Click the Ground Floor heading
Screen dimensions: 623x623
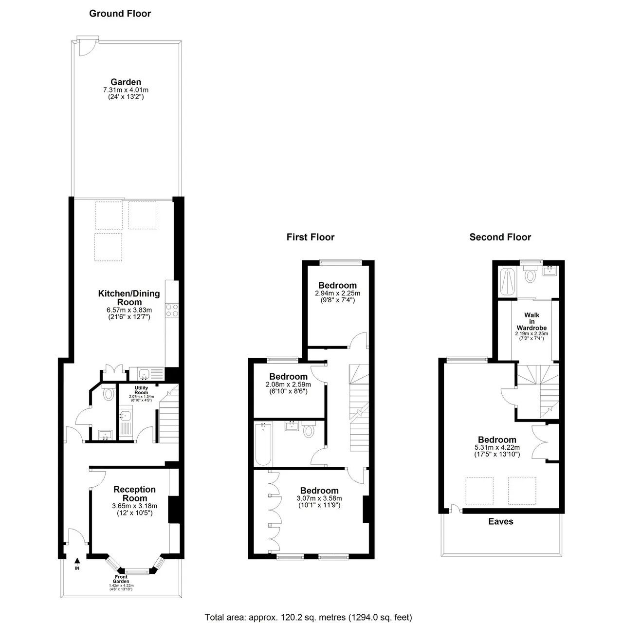(x=120, y=14)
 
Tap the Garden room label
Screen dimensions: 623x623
(x=126, y=82)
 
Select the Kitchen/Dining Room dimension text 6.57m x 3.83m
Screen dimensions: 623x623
(x=129, y=310)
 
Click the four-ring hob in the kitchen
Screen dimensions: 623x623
(x=172, y=311)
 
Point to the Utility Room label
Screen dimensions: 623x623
(x=141, y=390)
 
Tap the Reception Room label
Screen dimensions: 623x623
(x=134, y=494)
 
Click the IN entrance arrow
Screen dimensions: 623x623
(x=77, y=560)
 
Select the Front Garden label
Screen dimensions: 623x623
(x=121, y=579)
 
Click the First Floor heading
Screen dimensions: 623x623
(x=311, y=238)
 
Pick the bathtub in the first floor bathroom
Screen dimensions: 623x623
(x=263, y=444)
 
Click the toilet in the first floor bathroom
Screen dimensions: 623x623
(x=309, y=429)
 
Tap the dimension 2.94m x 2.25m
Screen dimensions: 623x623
(x=337, y=293)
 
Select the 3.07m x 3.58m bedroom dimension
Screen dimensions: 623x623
(x=319, y=498)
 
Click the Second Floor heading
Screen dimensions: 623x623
(x=500, y=238)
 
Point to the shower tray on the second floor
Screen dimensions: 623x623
(x=507, y=282)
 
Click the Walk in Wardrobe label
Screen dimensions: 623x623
(x=532, y=321)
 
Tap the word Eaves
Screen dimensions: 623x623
(x=501, y=521)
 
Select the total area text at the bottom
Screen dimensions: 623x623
(x=309, y=608)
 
